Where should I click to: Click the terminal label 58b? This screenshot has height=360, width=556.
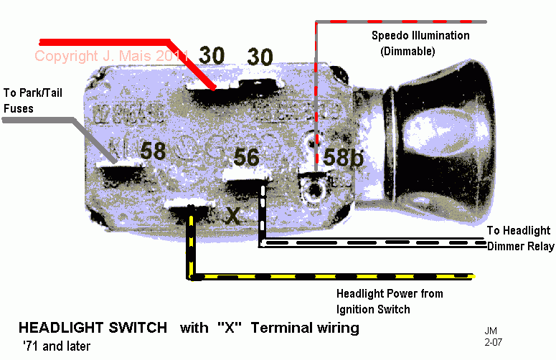[x=344, y=158]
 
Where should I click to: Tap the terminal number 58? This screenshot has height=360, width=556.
[x=153, y=151]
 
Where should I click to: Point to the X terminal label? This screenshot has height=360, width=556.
[x=233, y=214]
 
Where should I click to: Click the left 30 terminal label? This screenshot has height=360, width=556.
[x=212, y=55]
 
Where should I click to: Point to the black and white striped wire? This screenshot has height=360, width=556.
[x=373, y=245]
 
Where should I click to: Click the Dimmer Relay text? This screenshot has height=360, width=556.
[x=520, y=247]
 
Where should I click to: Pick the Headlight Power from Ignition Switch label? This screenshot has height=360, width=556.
[x=390, y=301]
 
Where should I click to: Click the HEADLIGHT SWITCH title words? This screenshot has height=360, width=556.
[x=93, y=328]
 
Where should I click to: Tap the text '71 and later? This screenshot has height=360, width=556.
[x=55, y=346]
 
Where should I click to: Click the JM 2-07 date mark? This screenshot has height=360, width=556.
[x=493, y=337]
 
